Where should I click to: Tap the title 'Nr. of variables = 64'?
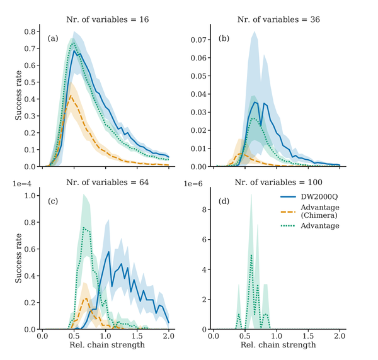pos(107,183)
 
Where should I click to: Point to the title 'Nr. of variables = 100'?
pos(277,183)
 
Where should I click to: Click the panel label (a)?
pos(54,39)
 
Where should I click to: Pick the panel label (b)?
pos(224,39)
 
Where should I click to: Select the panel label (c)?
pos(54,201)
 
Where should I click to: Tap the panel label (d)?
pos(224,201)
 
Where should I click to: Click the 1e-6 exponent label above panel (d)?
pos(194,183)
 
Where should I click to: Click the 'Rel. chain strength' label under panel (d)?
pos(277,346)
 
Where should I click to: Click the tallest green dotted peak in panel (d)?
pos(251,255)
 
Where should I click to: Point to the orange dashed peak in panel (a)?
pos(72,95)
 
